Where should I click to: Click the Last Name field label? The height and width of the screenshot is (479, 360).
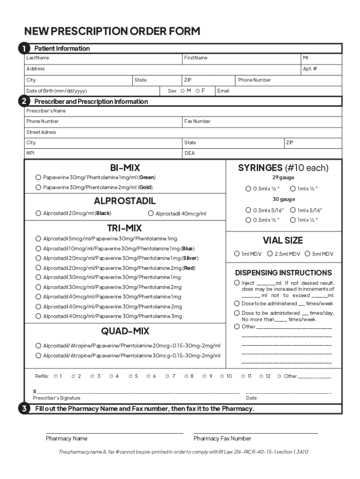tap(37, 58)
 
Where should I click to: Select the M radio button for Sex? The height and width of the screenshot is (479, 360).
tap(182, 91)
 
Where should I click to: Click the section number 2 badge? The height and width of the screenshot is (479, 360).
tap(23, 102)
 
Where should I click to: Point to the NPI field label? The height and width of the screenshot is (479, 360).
tap(30, 153)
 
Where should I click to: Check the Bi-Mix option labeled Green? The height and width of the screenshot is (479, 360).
tap(38, 178)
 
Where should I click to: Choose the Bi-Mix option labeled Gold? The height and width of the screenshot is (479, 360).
tap(38, 188)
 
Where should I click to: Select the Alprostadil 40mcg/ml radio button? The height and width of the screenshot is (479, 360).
tap(151, 214)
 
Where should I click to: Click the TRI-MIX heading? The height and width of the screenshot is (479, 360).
tap(124, 228)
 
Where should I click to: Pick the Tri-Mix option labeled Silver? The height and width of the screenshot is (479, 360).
tap(38, 258)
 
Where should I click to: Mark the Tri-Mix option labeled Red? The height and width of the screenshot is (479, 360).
tap(38, 268)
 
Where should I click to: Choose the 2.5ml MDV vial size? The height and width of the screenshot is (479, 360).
tap(270, 254)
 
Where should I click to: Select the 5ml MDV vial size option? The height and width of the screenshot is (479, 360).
tap(308, 254)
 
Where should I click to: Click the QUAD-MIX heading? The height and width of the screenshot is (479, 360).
tap(125, 331)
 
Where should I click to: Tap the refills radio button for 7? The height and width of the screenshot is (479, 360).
tap(167, 376)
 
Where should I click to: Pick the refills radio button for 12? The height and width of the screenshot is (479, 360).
tap(261, 376)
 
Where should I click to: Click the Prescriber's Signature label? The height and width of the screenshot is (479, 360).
tap(57, 398)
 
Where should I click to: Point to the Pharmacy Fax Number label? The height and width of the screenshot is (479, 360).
tap(222, 439)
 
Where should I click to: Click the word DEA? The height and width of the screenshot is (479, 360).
tap(189, 153)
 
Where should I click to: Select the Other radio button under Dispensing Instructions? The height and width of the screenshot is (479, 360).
tap(237, 327)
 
